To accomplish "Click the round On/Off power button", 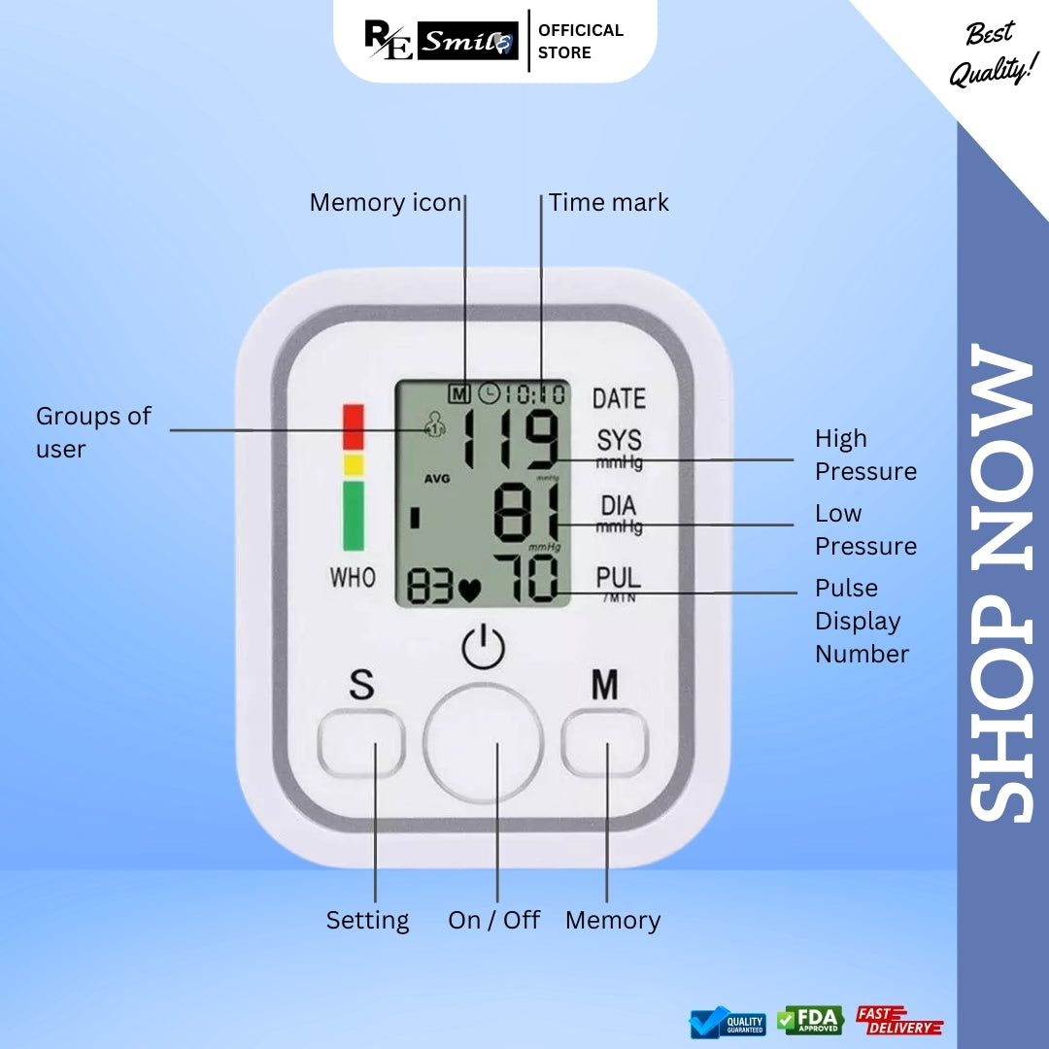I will click(x=483, y=743).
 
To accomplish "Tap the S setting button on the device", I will click(x=361, y=743).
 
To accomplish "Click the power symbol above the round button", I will click(x=483, y=649).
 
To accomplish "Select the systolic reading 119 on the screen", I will click(x=510, y=439).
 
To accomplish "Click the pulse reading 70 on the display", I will click(x=525, y=580).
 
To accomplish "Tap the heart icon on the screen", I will click(x=471, y=589).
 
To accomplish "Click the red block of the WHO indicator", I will click(x=353, y=427).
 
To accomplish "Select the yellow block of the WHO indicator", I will click(x=353, y=464).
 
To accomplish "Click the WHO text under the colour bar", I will click(x=353, y=578).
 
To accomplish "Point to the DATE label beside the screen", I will click(x=619, y=398).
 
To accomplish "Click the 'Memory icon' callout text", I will click(x=385, y=202).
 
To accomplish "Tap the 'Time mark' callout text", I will click(x=609, y=202).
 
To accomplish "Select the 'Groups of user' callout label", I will click(x=93, y=432).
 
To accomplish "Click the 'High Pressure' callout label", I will click(x=865, y=455).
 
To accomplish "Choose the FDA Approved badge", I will click(x=810, y=1021).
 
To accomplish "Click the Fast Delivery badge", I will click(x=898, y=1021).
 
